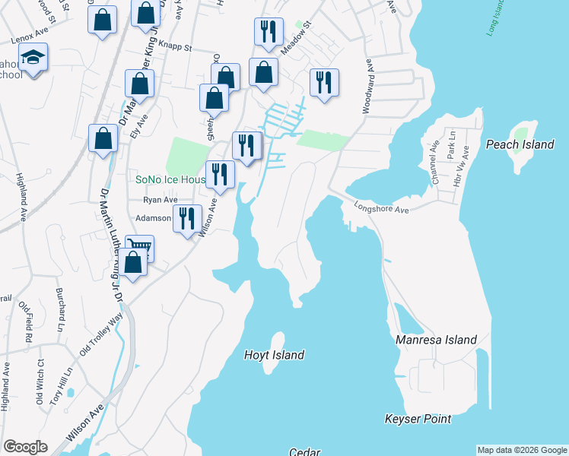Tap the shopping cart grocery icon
139,247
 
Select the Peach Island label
520,144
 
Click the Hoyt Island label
274,355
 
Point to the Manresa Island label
436,340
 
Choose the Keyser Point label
418,419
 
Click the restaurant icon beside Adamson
186,218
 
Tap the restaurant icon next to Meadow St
268,32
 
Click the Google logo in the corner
25,447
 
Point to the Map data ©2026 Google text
521,450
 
